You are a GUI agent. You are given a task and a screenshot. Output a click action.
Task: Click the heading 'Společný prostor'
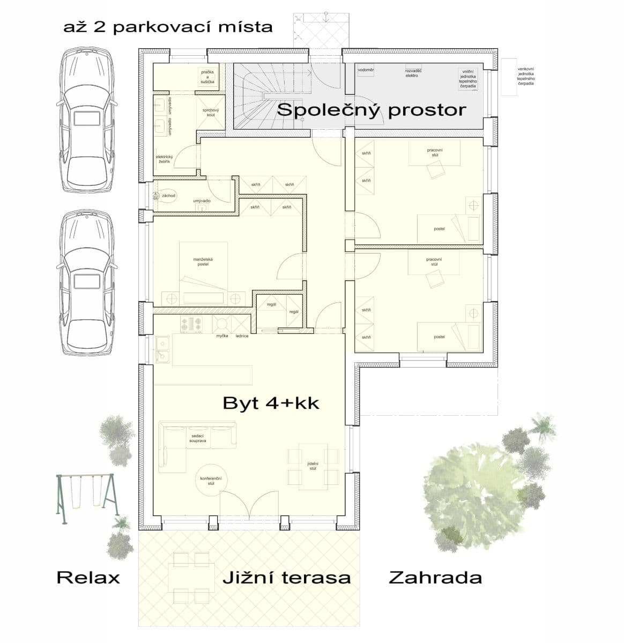pos(372,110)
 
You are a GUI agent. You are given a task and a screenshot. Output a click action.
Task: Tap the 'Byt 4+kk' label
pos(271,403)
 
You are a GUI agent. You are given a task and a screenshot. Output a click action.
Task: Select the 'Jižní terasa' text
pos(287,578)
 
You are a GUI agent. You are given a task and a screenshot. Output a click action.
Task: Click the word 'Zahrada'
pos(435,578)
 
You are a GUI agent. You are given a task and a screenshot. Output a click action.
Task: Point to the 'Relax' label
pos(88,578)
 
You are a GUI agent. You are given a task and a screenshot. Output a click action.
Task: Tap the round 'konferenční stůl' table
pos(211,480)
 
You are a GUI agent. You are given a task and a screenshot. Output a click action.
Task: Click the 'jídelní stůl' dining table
pos(313,466)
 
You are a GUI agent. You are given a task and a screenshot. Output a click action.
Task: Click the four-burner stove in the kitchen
pos(191,324)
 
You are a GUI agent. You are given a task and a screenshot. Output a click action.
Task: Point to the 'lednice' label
pos(242,336)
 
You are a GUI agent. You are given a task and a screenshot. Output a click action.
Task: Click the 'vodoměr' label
pos(366,70)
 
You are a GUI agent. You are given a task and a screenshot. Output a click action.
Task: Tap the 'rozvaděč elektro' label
pos(412,73)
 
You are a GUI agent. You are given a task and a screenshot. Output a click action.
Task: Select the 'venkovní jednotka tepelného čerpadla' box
pos(509,77)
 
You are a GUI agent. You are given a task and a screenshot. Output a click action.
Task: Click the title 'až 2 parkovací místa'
pos(168,27)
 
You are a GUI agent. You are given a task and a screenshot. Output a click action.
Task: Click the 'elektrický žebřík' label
pos(164,159)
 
